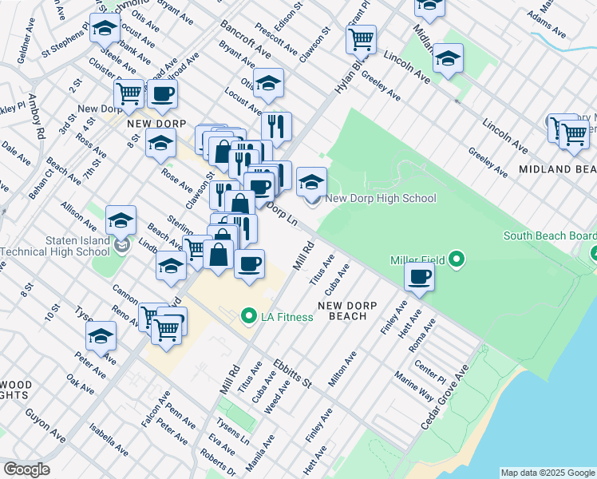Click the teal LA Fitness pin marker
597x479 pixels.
[249, 317]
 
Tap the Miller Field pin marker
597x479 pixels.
[457, 259]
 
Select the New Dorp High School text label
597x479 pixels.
[381, 198]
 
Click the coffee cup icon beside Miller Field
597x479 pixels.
[420, 277]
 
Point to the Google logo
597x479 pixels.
[26, 469]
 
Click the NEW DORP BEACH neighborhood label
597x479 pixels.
[342, 311]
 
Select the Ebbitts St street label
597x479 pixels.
[291, 372]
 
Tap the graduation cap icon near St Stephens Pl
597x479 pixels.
[104, 28]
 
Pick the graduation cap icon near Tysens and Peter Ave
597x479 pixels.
[101, 336]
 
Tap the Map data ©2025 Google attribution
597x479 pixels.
[548, 473]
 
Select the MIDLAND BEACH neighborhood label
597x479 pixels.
[557, 169]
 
